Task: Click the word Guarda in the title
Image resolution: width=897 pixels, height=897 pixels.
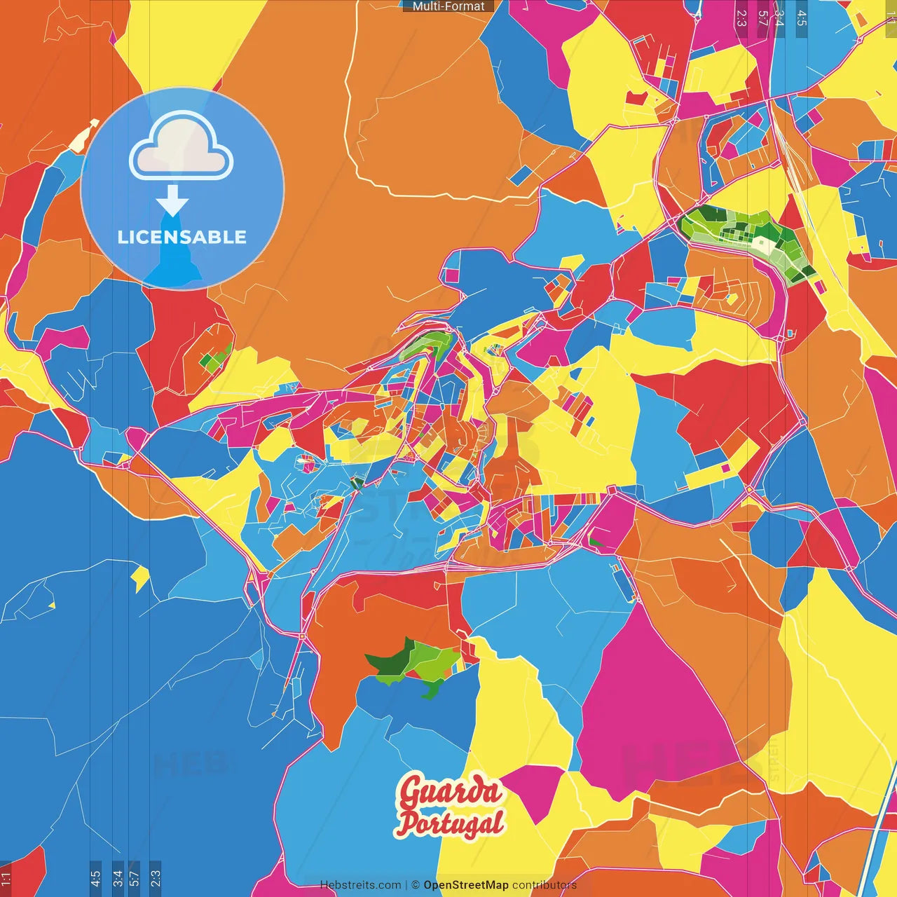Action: coord(450,791)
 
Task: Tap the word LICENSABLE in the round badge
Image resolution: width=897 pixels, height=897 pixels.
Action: coord(182,237)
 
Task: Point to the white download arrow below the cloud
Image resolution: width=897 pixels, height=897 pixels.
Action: coord(172,201)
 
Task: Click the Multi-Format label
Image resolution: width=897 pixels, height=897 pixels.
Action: coord(448,6)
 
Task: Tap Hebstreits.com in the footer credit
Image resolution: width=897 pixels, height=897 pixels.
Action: coord(360,885)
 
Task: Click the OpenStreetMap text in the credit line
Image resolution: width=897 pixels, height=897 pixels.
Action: coord(465,885)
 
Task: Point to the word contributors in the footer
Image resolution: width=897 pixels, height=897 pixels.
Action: coord(545,885)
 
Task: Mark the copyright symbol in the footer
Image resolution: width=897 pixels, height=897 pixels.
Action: coord(416,885)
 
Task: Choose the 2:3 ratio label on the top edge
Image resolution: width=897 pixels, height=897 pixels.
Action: coord(741,18)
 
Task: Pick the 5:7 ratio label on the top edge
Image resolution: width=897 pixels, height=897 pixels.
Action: coord(763,18)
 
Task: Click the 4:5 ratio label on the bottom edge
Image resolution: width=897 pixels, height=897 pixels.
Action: coord(95,877)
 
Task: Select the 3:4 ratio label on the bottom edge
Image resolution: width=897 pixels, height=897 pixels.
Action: coord(118,877)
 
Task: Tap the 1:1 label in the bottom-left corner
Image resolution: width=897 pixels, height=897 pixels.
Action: coord(6,877)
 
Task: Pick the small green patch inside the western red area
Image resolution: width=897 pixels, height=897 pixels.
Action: coord(214,359)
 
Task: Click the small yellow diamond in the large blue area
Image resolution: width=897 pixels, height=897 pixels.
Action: coord(141,579)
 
